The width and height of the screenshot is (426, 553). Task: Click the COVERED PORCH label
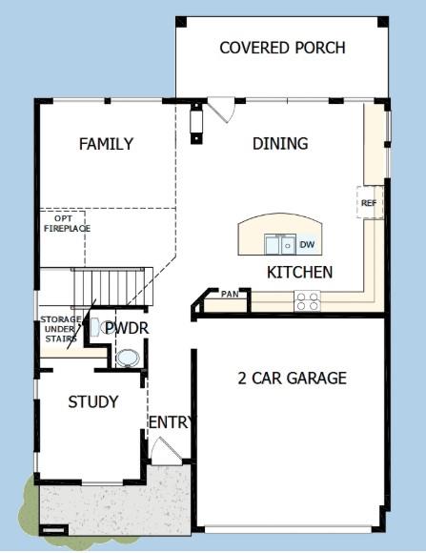[282, 48]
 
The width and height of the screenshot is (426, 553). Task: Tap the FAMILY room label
[106, 144]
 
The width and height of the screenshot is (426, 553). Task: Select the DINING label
[280, 144]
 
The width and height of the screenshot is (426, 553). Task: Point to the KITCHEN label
[299, 273]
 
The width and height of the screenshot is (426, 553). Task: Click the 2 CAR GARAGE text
[292, 378]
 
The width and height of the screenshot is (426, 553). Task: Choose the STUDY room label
[93, 401]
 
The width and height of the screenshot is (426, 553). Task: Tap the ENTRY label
[171, 422]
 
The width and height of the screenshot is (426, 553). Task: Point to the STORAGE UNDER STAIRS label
[60, 330]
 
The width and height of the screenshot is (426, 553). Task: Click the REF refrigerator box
[369, 203]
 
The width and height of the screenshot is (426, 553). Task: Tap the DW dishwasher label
[307, 245]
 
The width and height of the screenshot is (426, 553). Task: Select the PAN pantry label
[230, 294]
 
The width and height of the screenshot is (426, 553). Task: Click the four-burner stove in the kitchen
[307, 301]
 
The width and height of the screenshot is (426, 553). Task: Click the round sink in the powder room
[127, 358]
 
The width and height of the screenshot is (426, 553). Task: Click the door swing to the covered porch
[222, 110]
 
